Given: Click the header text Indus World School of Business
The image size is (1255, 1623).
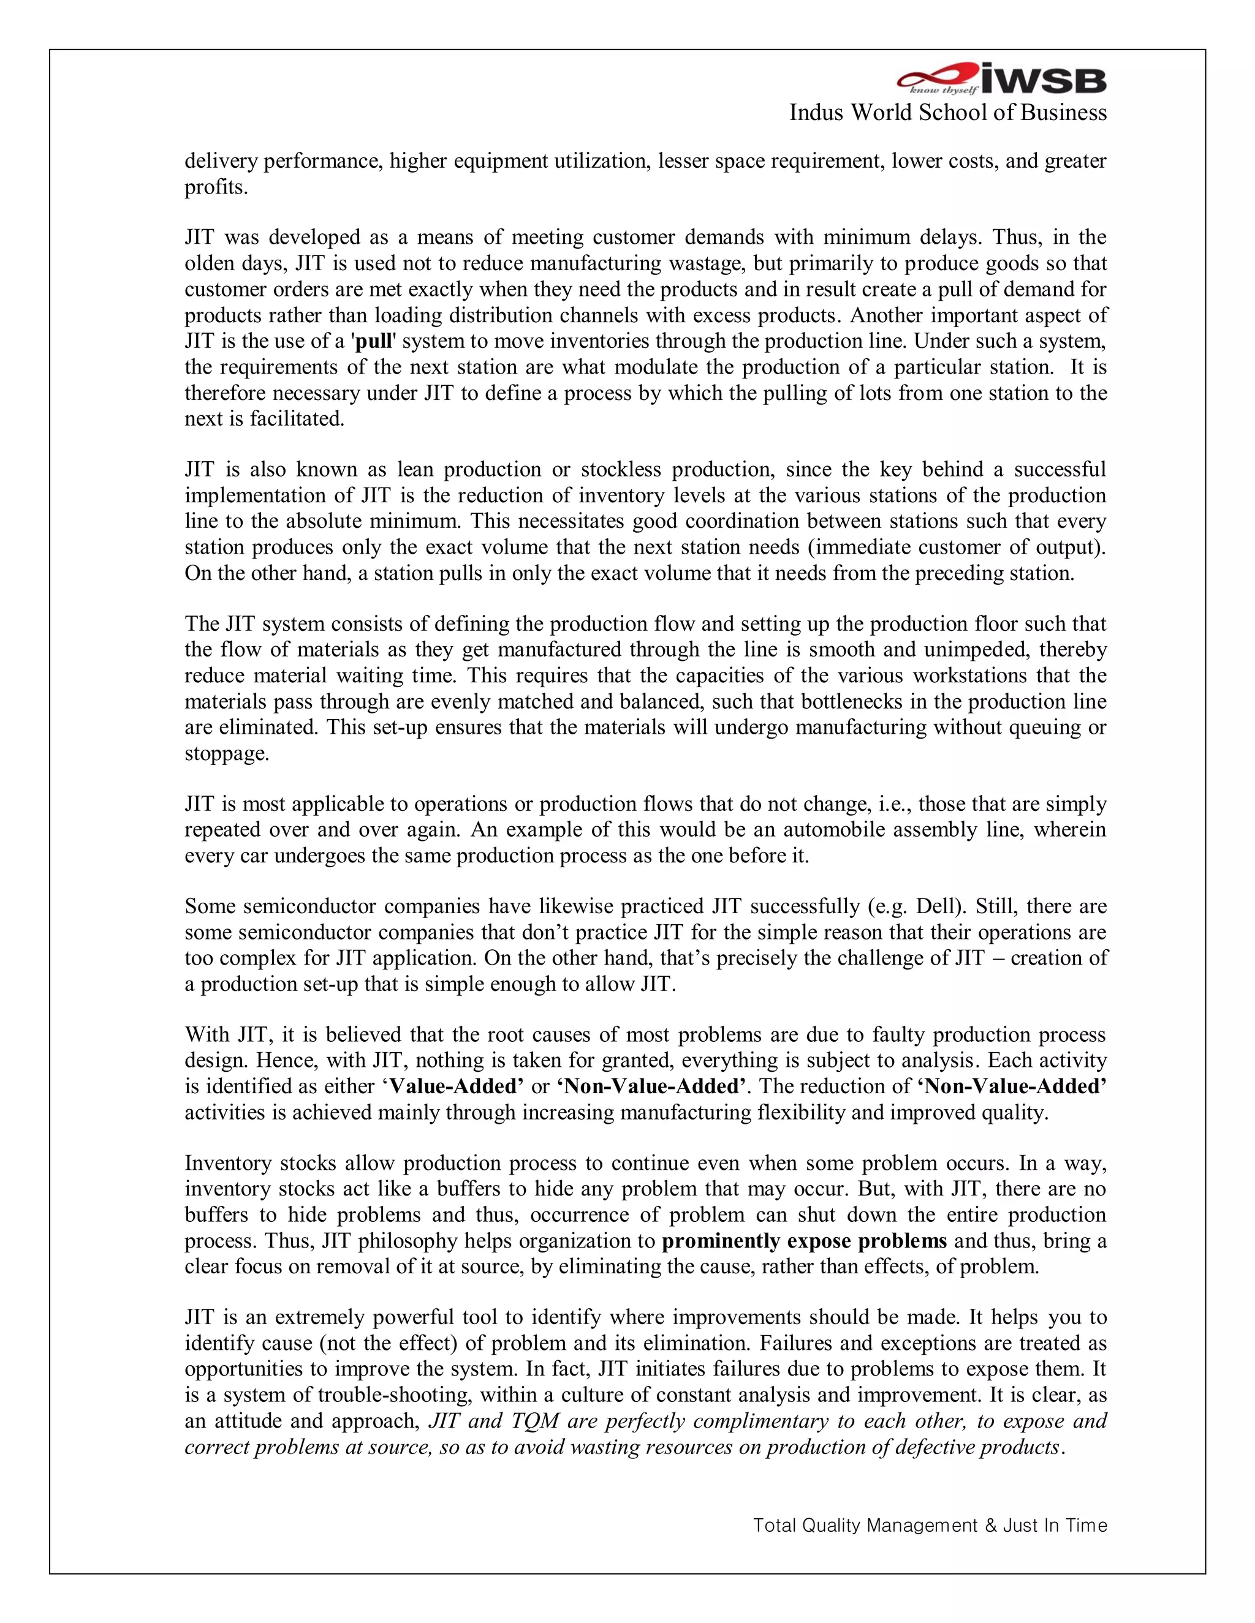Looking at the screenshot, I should pyautogui.click(x=947, y=112).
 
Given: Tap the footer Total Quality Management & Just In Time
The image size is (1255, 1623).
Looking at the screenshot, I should pyautogui.click(x=930, y=1526).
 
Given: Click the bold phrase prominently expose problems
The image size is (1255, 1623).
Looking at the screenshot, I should pyautogui.click(x=804, y=1240).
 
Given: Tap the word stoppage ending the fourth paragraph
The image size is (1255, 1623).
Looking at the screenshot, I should pyautogui.click(x=226, y=753).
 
